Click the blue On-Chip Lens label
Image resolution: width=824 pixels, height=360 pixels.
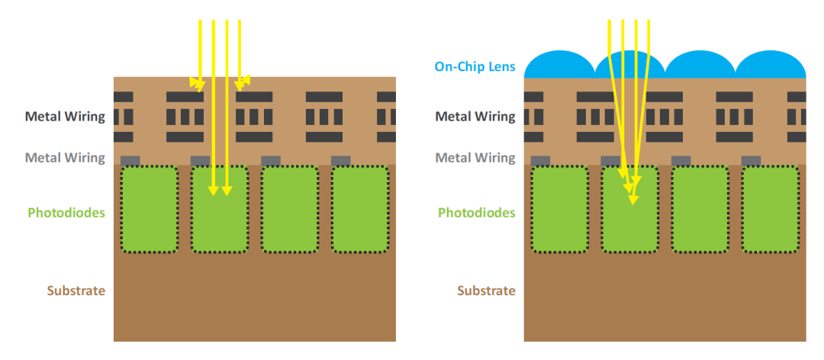tap(475, 66)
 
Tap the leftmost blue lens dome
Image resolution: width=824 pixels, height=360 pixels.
tap(560, 66)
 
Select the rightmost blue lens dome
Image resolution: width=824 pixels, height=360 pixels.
tap(770, 66)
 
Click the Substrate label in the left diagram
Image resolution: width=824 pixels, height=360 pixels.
tap(76, 291)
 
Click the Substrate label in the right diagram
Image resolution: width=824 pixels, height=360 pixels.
tap(486, 291)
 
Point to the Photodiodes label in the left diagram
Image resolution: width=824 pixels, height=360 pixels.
tap(66, 212)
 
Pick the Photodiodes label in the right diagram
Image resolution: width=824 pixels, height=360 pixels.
tap(477, 212)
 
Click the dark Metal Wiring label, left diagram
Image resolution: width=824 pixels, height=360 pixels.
tap(65, 117)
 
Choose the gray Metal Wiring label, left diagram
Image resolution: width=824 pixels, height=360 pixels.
tap(65, 158)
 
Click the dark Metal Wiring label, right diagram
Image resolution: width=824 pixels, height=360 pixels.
tap(475, 117)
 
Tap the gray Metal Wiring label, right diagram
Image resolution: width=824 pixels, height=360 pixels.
tap(475, 158)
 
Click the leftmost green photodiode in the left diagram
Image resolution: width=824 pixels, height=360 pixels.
tap(150, 209)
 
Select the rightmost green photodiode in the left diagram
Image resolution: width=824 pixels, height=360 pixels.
tap(360, 209)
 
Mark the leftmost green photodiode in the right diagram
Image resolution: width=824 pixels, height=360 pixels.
tap(560, 209)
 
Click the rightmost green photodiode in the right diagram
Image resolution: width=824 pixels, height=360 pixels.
tap(771, 209)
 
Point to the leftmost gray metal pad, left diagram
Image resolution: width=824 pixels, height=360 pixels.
tap(130, 160)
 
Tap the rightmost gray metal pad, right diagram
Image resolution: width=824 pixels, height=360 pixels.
tap(751, 160)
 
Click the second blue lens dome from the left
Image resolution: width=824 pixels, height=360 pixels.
tap(630, 66)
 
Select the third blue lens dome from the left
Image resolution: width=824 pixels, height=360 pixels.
tap(700, 66)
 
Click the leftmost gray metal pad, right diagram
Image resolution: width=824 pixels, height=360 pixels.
tap(541, 160)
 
